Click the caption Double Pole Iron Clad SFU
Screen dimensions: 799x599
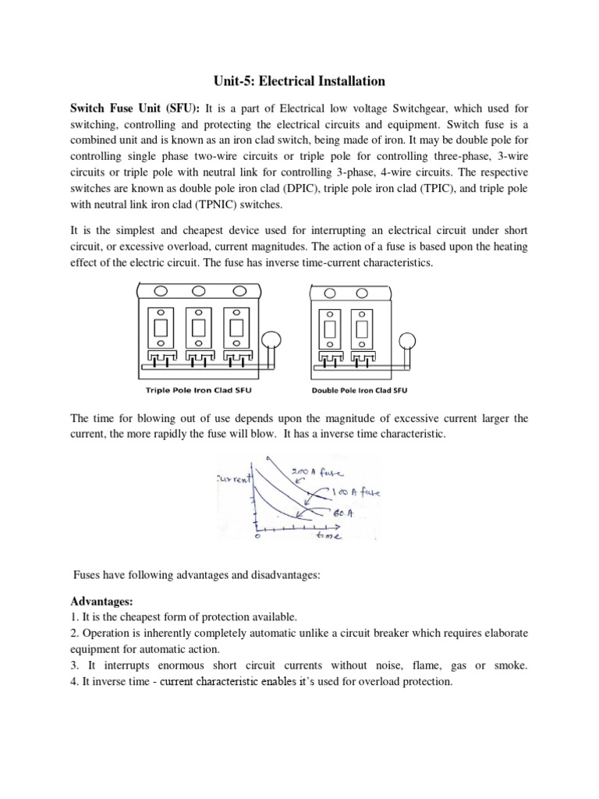[x=360, y=390]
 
